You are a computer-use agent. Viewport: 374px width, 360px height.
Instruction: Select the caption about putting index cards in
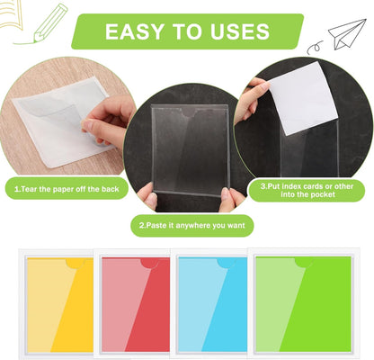[308, 190]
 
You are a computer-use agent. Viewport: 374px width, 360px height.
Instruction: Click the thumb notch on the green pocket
[305, 262]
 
